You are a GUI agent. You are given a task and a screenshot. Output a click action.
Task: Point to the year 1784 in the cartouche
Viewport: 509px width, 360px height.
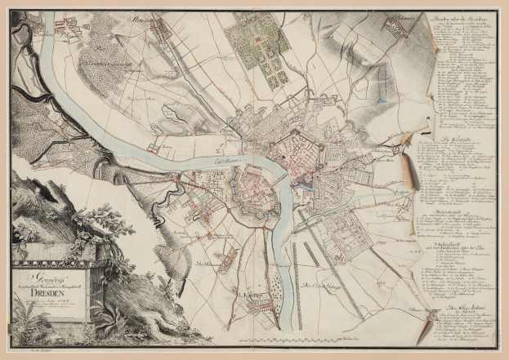60,302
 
